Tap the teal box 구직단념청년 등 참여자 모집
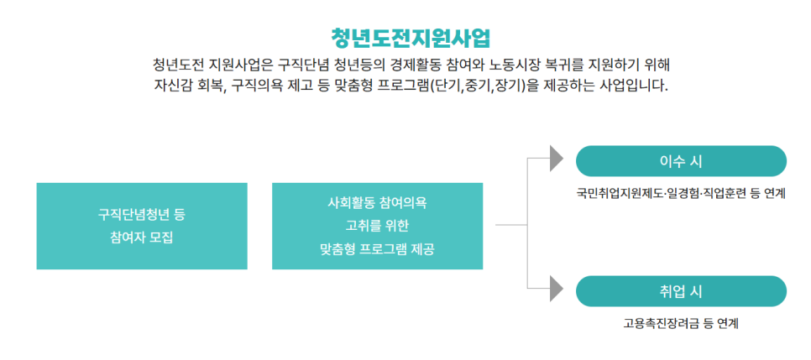(x=142, y=226)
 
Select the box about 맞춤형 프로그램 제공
(x=377, y=226)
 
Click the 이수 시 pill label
(x=681, y=161)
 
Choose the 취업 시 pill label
(x=681, y=291)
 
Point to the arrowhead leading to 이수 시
(x=556, y=158)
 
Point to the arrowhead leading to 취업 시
(x=556, y=289)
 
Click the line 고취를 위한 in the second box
(x=377, y=226)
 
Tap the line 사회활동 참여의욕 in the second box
(x=377, y=203)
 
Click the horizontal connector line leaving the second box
(x=510, y=226)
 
